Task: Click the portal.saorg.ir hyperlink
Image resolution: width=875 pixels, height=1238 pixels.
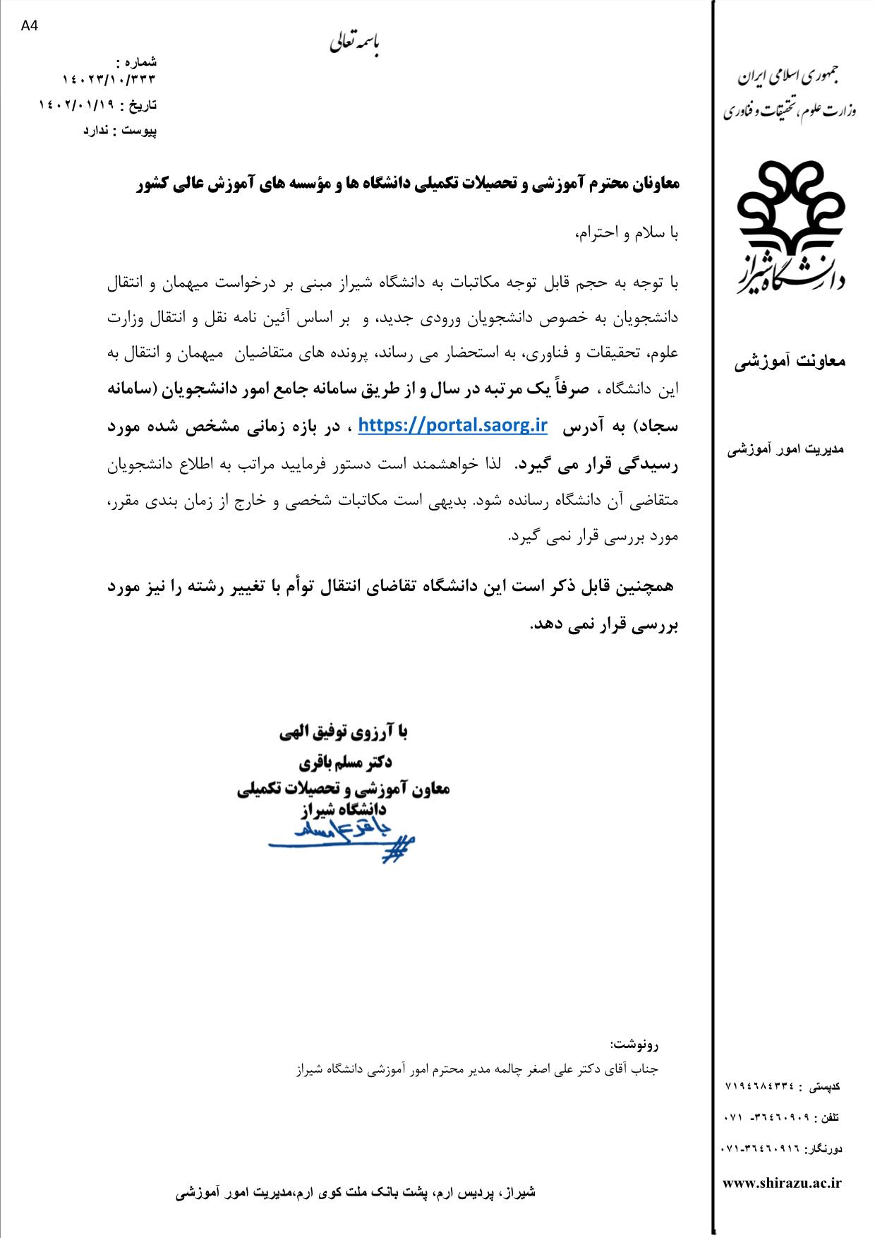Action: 453,424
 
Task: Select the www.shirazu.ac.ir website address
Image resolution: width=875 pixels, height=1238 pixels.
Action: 783,1183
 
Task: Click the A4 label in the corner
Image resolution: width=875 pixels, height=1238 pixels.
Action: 29,26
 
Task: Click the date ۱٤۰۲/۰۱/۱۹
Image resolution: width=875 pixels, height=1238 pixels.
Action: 78,105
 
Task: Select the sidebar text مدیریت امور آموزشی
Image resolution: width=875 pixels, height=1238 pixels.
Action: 786,448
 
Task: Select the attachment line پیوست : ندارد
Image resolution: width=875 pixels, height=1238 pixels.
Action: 120,131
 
